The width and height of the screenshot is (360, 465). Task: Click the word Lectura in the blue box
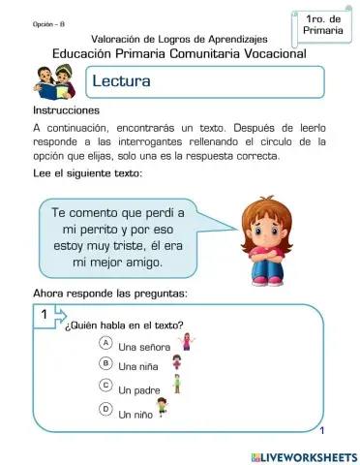click(x=121, y=82)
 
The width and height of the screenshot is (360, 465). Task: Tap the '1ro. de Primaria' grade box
click(x=322, y=25)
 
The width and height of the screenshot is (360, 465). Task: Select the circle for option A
click(x=105, y=344)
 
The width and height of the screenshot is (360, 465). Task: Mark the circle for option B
click(x=105, y=363)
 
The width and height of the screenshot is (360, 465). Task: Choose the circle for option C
click(x=105, y=386)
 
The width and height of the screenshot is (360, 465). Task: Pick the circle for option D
click(x=105, y=409)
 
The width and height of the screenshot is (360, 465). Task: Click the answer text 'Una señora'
click(x=144, y=346)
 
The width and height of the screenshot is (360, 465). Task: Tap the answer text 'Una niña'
click(x=139, y=367)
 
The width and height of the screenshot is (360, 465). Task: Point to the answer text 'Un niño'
click(x=137, y=414)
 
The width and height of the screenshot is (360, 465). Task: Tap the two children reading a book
click(x=52, y=82)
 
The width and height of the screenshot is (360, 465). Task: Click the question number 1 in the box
click(x=45, y=316)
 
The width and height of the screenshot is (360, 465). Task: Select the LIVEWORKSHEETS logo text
click(x=303, y=454)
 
